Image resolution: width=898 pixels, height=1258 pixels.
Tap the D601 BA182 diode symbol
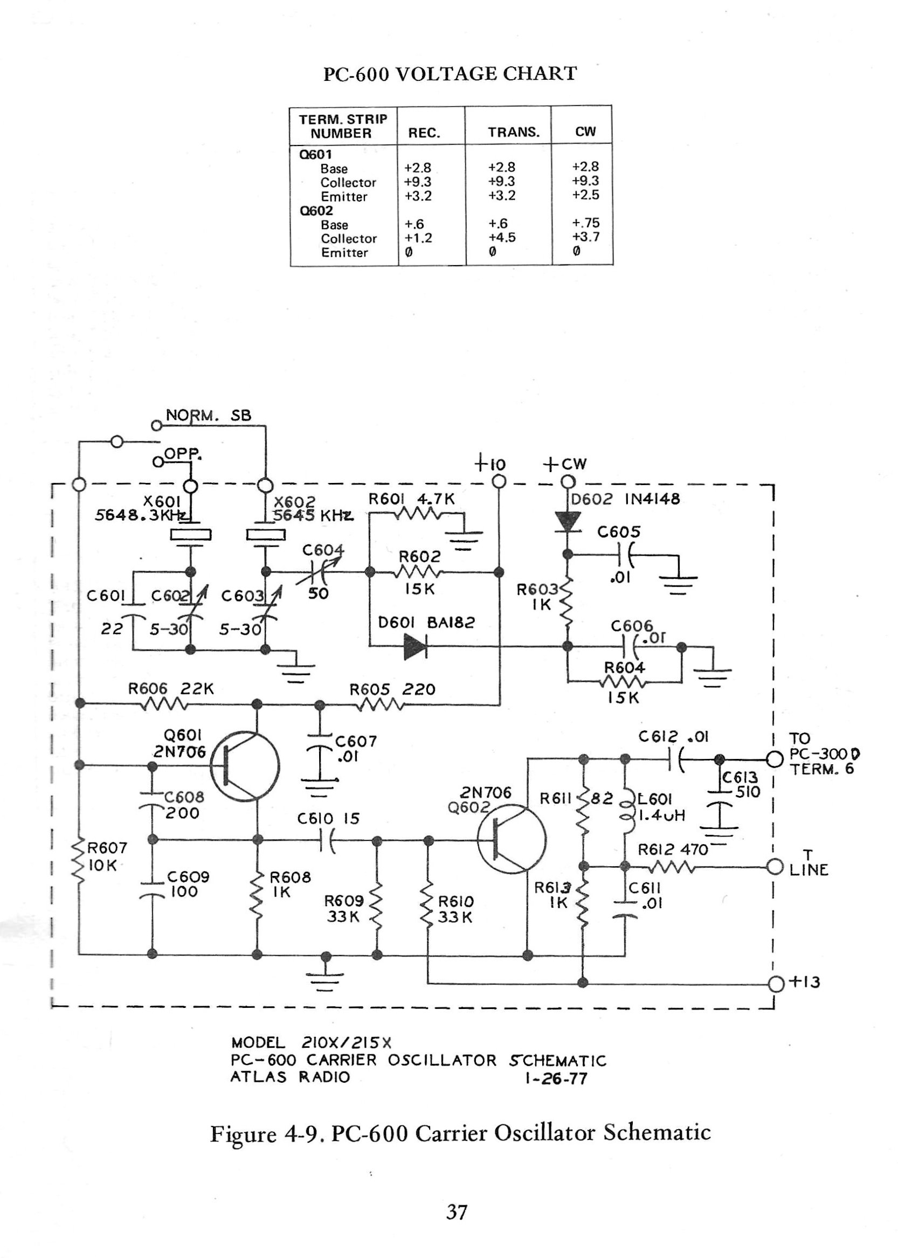tap(415, 646)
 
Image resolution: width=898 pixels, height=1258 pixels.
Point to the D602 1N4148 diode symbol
tap(568, 521)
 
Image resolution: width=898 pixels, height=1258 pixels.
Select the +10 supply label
tap(490, 464)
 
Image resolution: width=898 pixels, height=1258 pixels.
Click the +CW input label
tap(564, 464)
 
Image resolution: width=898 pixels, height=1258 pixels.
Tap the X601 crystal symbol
tap(190, 535)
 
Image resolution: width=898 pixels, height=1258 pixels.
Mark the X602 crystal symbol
tap(266, 535)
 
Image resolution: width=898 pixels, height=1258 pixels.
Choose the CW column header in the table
tap(585, 132)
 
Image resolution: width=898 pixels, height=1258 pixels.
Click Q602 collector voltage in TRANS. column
tap(501, 237)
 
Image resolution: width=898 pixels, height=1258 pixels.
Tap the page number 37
tap(457, 1212)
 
